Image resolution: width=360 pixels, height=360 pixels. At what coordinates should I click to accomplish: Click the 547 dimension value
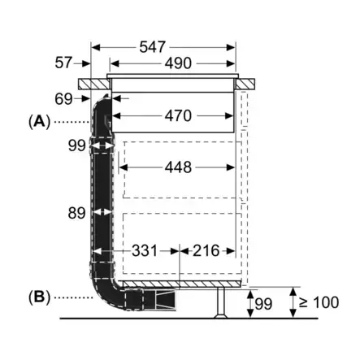pos(152,47)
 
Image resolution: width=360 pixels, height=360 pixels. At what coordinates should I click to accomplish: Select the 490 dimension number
pos(178,63)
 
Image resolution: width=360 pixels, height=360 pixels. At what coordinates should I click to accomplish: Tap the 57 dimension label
pos(63,63)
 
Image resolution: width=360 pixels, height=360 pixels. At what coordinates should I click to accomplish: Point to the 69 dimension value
pos(63,99)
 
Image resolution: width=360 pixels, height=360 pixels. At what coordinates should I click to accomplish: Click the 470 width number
pos(178,116)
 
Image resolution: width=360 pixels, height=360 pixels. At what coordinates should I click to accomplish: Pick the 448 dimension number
pos(178,167)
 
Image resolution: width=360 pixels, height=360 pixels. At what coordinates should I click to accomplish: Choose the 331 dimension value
pos(145,251)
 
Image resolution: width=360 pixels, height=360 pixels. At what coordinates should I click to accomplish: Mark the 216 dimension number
pos(206,251)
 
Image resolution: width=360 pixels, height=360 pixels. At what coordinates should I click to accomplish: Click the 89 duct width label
pos(76,213)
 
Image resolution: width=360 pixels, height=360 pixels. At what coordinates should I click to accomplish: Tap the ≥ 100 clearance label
pos(319,302)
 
